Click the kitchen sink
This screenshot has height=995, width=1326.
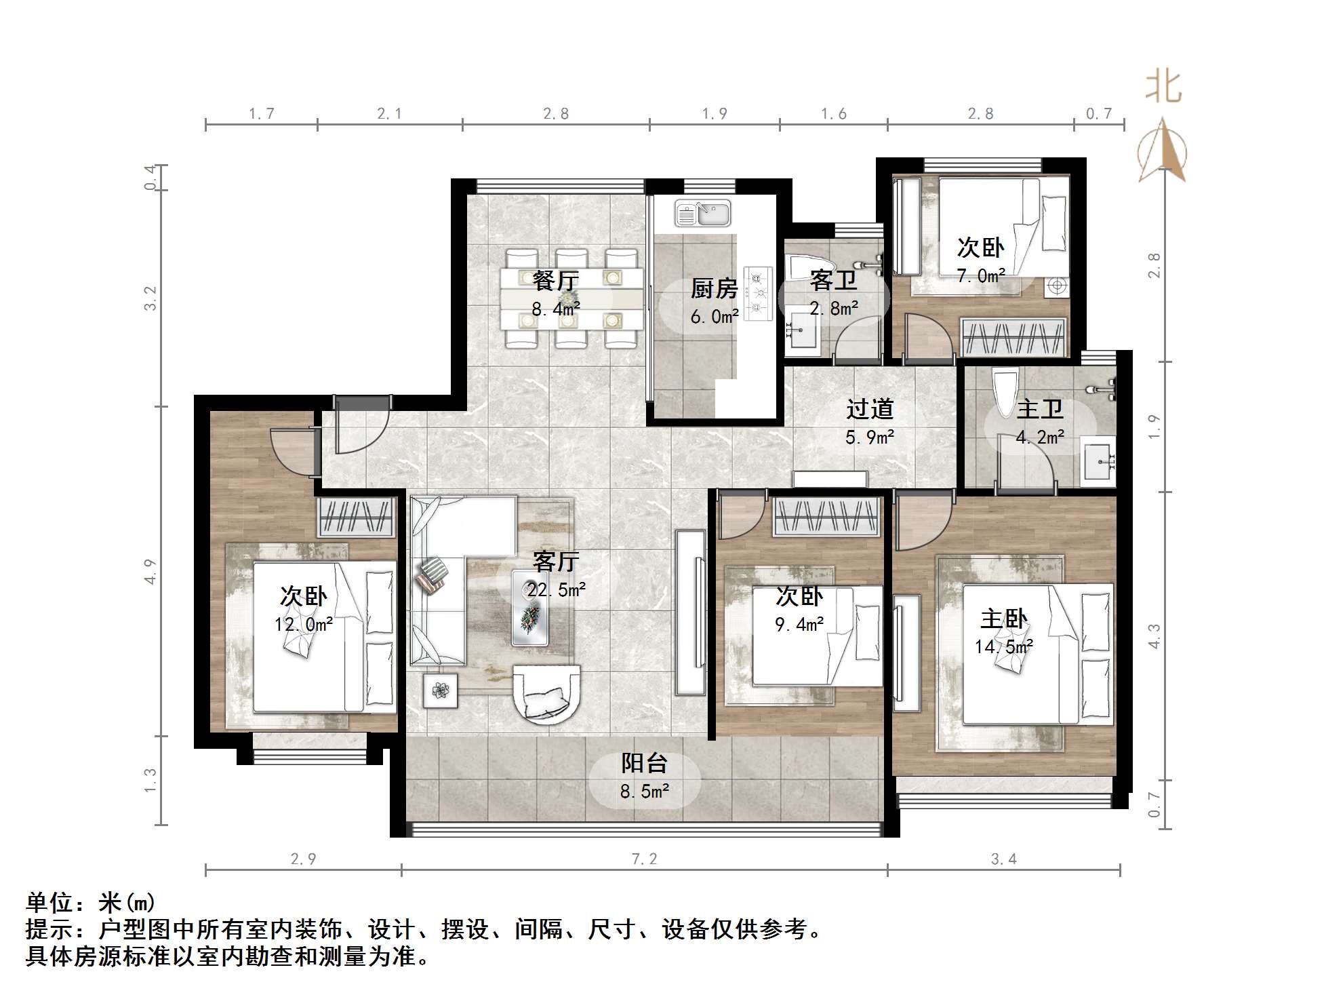tap(702, 213)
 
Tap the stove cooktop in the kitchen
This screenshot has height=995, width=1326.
tap(759, 293)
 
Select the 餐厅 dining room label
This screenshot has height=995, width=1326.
tap(555, 280)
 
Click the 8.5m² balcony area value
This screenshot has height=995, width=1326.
tap(645, 791)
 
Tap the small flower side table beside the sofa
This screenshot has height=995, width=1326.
tap(441, 690)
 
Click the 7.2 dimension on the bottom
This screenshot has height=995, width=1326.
tap(644, 859)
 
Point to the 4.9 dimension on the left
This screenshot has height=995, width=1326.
tap(150, 571)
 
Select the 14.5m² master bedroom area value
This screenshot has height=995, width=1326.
tap(1003, 647)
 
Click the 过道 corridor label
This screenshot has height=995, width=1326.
tap(870, 409)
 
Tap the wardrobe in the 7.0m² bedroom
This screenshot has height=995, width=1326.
tap(1013, 337)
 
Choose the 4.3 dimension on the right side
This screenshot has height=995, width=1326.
tap(1154, 636)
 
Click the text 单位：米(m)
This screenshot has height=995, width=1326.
tap(91, 903)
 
